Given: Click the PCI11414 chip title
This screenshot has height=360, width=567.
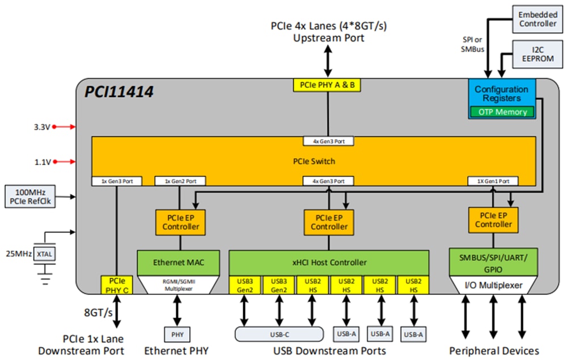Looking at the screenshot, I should click(120, 91).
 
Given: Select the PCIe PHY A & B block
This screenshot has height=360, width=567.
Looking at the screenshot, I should click(327, 85).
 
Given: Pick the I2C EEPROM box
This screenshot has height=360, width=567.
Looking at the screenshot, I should click(538, 54).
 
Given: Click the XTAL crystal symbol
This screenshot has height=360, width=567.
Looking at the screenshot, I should click(44, 255).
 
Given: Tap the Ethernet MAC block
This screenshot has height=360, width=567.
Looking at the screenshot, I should click(178, 262).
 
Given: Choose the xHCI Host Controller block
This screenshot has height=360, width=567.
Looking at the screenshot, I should click(328, 262).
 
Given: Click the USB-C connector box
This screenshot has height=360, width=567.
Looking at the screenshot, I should click(279, 334).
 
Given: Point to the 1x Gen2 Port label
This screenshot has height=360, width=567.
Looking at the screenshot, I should click(180, 181).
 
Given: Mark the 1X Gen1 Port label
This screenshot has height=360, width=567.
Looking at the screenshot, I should click(492, 181).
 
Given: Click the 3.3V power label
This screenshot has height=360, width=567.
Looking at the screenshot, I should click(42, 127).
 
